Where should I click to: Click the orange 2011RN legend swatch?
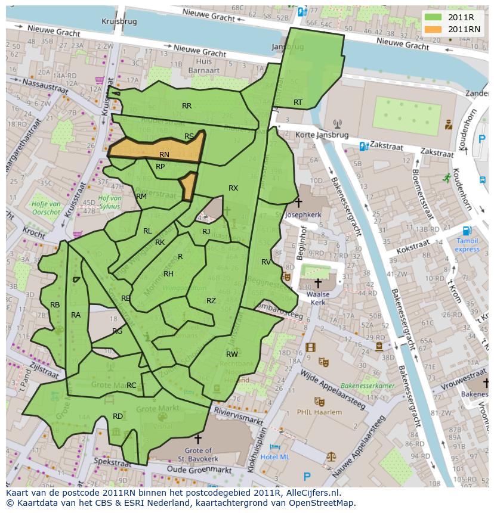pos(433,29)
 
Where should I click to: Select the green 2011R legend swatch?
pos(433,17)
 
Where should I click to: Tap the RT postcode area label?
pos(298,102)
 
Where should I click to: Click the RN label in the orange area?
pos(164,155)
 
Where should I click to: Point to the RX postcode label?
pos(233,188)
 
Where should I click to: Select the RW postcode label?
pos(232,355)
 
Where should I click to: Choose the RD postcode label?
pos(118,416)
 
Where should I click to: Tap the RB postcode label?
pos(55,305)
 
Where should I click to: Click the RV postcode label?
pos(266,262)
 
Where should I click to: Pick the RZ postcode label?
pos(211,301)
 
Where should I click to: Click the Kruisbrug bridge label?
pos(119,21)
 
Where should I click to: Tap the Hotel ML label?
pos(276,456)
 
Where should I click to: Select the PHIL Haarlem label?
pos(320,412)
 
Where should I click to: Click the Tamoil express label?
pos(467,245)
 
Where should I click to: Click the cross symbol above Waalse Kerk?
pos(318,283)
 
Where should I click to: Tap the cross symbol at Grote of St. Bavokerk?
pos(197,440)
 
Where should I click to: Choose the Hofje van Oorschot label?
pos(46,207)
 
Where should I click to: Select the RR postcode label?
pos(187,106)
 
